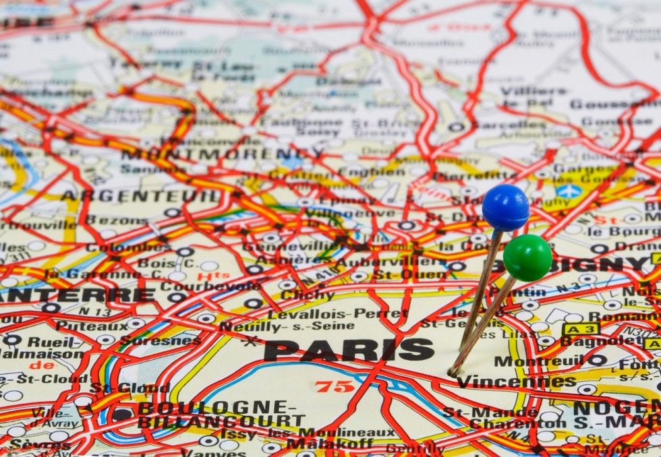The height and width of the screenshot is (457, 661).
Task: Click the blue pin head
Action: click(505, 208)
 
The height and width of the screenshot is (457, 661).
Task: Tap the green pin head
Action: click(527, 258)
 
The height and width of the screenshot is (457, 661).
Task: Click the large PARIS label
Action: click(349, 350)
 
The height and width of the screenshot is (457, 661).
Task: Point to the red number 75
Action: click(335, 386)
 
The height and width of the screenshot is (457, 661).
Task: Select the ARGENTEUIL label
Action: click(140, 196)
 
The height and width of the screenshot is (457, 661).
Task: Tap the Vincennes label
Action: click(516, 382)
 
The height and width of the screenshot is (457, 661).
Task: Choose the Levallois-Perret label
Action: click(337, 314)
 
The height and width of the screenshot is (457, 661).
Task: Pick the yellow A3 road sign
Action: click(581, 329)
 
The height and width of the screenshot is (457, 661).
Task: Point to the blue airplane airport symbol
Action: click(569, 191)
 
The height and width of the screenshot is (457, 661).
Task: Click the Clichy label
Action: click(307, 295)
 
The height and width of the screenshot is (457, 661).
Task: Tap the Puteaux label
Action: click(82, 326)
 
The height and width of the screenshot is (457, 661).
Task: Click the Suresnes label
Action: click(160, 340)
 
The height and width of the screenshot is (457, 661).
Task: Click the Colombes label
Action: click(119, 247)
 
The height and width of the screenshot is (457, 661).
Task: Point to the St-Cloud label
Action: click(130, 388)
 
